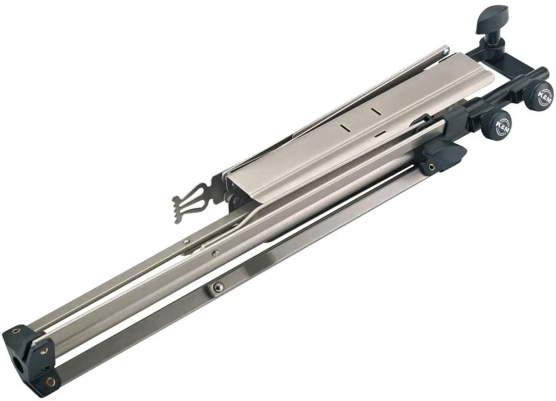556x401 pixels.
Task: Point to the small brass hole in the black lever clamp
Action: click(431, 166)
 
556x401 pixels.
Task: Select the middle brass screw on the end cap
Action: click(44, 352)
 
